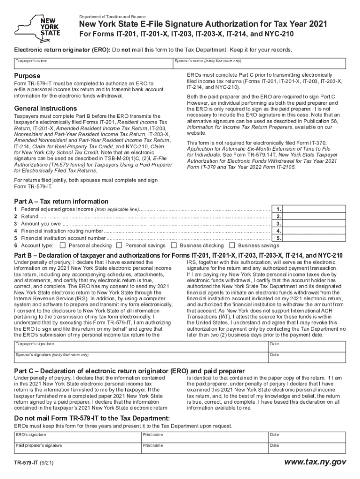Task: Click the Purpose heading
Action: (27, 76)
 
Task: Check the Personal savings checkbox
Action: (119, 245)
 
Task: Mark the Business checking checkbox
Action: (174, 245)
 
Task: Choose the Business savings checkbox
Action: (232, 245)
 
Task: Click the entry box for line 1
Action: (315, 210)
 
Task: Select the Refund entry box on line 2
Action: (315, 217)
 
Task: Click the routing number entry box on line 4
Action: (315, 231)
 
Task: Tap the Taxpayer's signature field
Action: (140, 347)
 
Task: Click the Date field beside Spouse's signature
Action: (306, 357)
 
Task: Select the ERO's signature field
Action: (77, 437)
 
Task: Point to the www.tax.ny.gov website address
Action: (316, 462)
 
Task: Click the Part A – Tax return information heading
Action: (61, 202)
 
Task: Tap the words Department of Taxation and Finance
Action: (112, 17)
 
